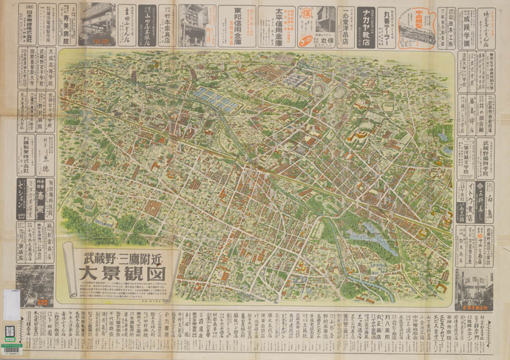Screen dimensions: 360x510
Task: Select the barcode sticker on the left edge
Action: tap(10, 331)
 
